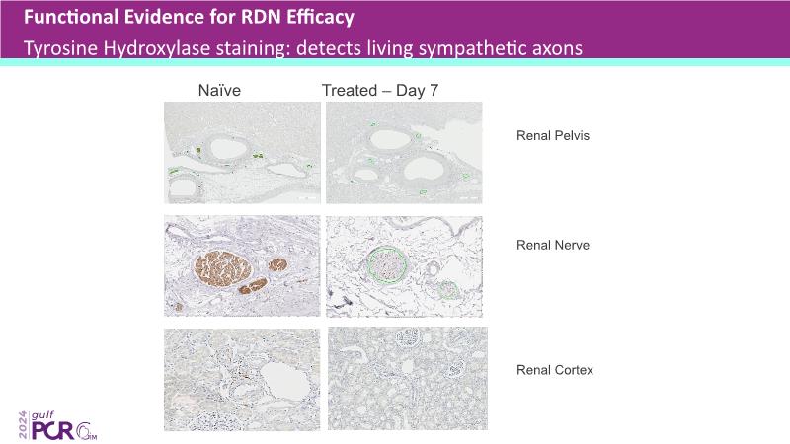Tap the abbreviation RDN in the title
click(240, 17)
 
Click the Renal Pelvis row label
click(553, 135)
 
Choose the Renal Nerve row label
click(553, 245)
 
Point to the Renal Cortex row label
click(555, 370)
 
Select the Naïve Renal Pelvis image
click(241, 154)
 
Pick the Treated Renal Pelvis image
click(406, 154)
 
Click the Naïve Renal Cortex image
click(241, 378)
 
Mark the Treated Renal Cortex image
click(406, 378)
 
